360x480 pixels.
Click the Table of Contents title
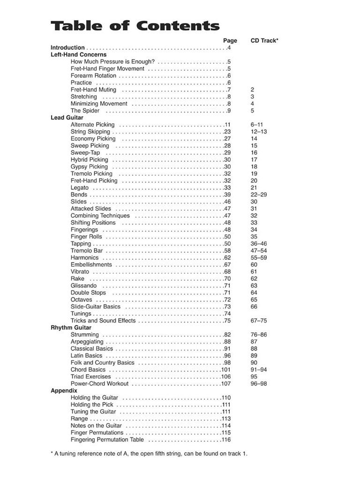click(135, 26)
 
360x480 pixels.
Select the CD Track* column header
click(264, 41)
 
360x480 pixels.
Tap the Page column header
click(230, 41)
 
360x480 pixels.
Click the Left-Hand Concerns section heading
click(78, 54)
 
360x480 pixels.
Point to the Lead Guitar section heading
click(67, 118)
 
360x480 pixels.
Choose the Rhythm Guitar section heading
click(71, 328)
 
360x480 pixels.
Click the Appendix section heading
click(64, 390)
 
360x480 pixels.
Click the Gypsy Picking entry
click(89, 166)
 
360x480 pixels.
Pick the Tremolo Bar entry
click(86, 251)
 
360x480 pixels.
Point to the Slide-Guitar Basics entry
click(95, 307)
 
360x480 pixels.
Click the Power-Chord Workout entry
click(99, 383)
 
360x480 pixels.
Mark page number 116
click(226, 440)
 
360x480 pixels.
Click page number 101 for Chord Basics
click(226, 370)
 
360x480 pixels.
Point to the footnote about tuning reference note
click(149, 454)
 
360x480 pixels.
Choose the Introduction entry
click(67, 47)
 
